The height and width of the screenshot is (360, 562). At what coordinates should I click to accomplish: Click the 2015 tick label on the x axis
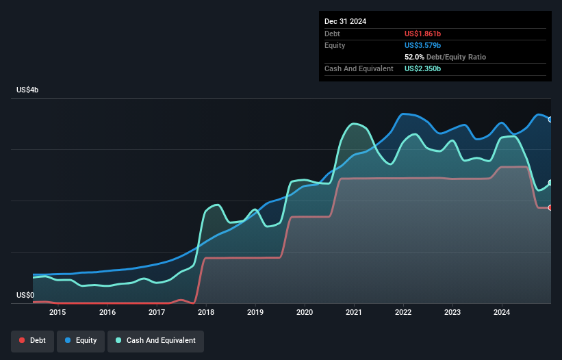tap(58, 313)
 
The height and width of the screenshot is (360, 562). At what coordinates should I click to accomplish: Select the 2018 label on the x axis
tap(206, 313)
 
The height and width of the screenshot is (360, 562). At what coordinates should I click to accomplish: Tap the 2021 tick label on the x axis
tap(354, 313)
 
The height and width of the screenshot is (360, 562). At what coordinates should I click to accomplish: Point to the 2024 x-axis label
tap(502, 313)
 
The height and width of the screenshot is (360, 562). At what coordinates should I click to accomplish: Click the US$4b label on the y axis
tap(29, 90)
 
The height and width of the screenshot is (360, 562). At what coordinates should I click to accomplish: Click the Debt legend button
tap(33, 341)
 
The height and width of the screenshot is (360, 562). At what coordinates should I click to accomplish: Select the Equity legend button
tap(81, 341)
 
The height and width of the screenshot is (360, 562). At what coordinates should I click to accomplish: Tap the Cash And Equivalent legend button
tap(155, 341)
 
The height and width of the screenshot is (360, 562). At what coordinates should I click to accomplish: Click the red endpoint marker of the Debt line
tap(550, 207)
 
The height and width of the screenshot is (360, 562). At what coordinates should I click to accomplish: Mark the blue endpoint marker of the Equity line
tap(550, 119)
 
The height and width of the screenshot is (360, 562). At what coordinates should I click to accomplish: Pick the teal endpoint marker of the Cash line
tap(550, 183)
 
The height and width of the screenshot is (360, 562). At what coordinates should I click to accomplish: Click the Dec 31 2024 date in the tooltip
tap(345, 21)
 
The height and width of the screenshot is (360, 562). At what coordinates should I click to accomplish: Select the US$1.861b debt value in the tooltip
tap(422, 34)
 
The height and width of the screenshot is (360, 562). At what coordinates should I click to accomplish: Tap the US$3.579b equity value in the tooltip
tap(422, 45)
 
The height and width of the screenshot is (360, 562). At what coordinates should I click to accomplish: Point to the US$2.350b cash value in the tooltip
tap(422, 68)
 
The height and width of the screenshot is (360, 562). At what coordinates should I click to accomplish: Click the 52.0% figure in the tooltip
tap(415, 57)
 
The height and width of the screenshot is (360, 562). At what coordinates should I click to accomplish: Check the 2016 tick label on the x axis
tap(107, 313)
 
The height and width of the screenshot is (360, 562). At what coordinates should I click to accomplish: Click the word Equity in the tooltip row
tap(335, 45)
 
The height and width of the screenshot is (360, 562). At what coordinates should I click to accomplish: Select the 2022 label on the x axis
tap(403, 313)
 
